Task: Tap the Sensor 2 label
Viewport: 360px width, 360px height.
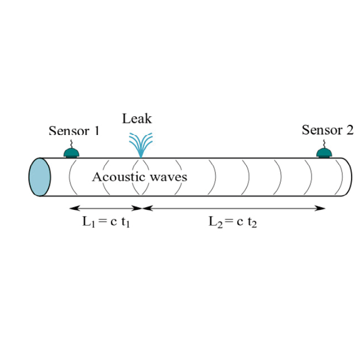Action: coord(328,130)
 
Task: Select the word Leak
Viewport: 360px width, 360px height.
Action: coord(137,118)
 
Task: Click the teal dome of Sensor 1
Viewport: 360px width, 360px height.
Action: coord(71,153)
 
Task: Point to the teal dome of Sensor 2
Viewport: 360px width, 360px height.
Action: coord(325,153)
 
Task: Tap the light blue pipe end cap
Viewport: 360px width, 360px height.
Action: coord(39,177)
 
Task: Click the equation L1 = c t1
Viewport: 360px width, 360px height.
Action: coord(106,222)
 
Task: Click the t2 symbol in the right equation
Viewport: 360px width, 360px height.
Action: coord(253,222)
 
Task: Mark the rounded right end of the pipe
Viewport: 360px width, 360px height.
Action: coord(346,177)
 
